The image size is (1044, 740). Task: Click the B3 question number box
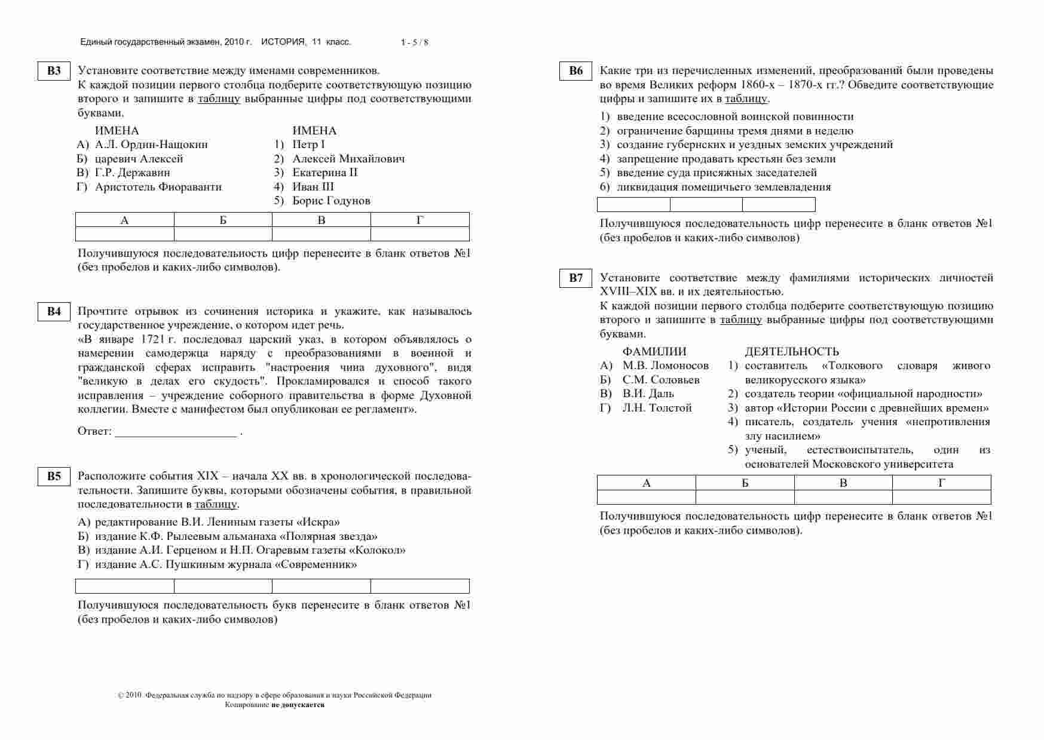pos(54,71)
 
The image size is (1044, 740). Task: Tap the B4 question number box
pos(54,312)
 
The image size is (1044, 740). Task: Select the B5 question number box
pos(54,476)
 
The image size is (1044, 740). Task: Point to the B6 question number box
pos(575,71)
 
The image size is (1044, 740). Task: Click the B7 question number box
pos(575,278)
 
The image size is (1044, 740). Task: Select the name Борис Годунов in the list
pos(331,201)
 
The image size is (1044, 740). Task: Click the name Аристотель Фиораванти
pos(158,187)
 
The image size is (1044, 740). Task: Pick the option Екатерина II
pos(324,173)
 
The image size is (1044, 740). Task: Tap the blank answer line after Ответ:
pos(176,432)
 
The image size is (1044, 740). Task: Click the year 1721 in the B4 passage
pos(153,339)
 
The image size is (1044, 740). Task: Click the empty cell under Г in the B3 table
pos(420,234)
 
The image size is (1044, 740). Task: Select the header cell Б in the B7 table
pos(745,483)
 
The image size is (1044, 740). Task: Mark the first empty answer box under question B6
pos(633,205)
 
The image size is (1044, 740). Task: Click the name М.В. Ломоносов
pos(665,366)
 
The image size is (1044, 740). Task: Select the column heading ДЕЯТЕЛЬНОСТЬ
pos(791,352)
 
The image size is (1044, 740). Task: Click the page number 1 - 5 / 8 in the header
pos(414,42)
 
